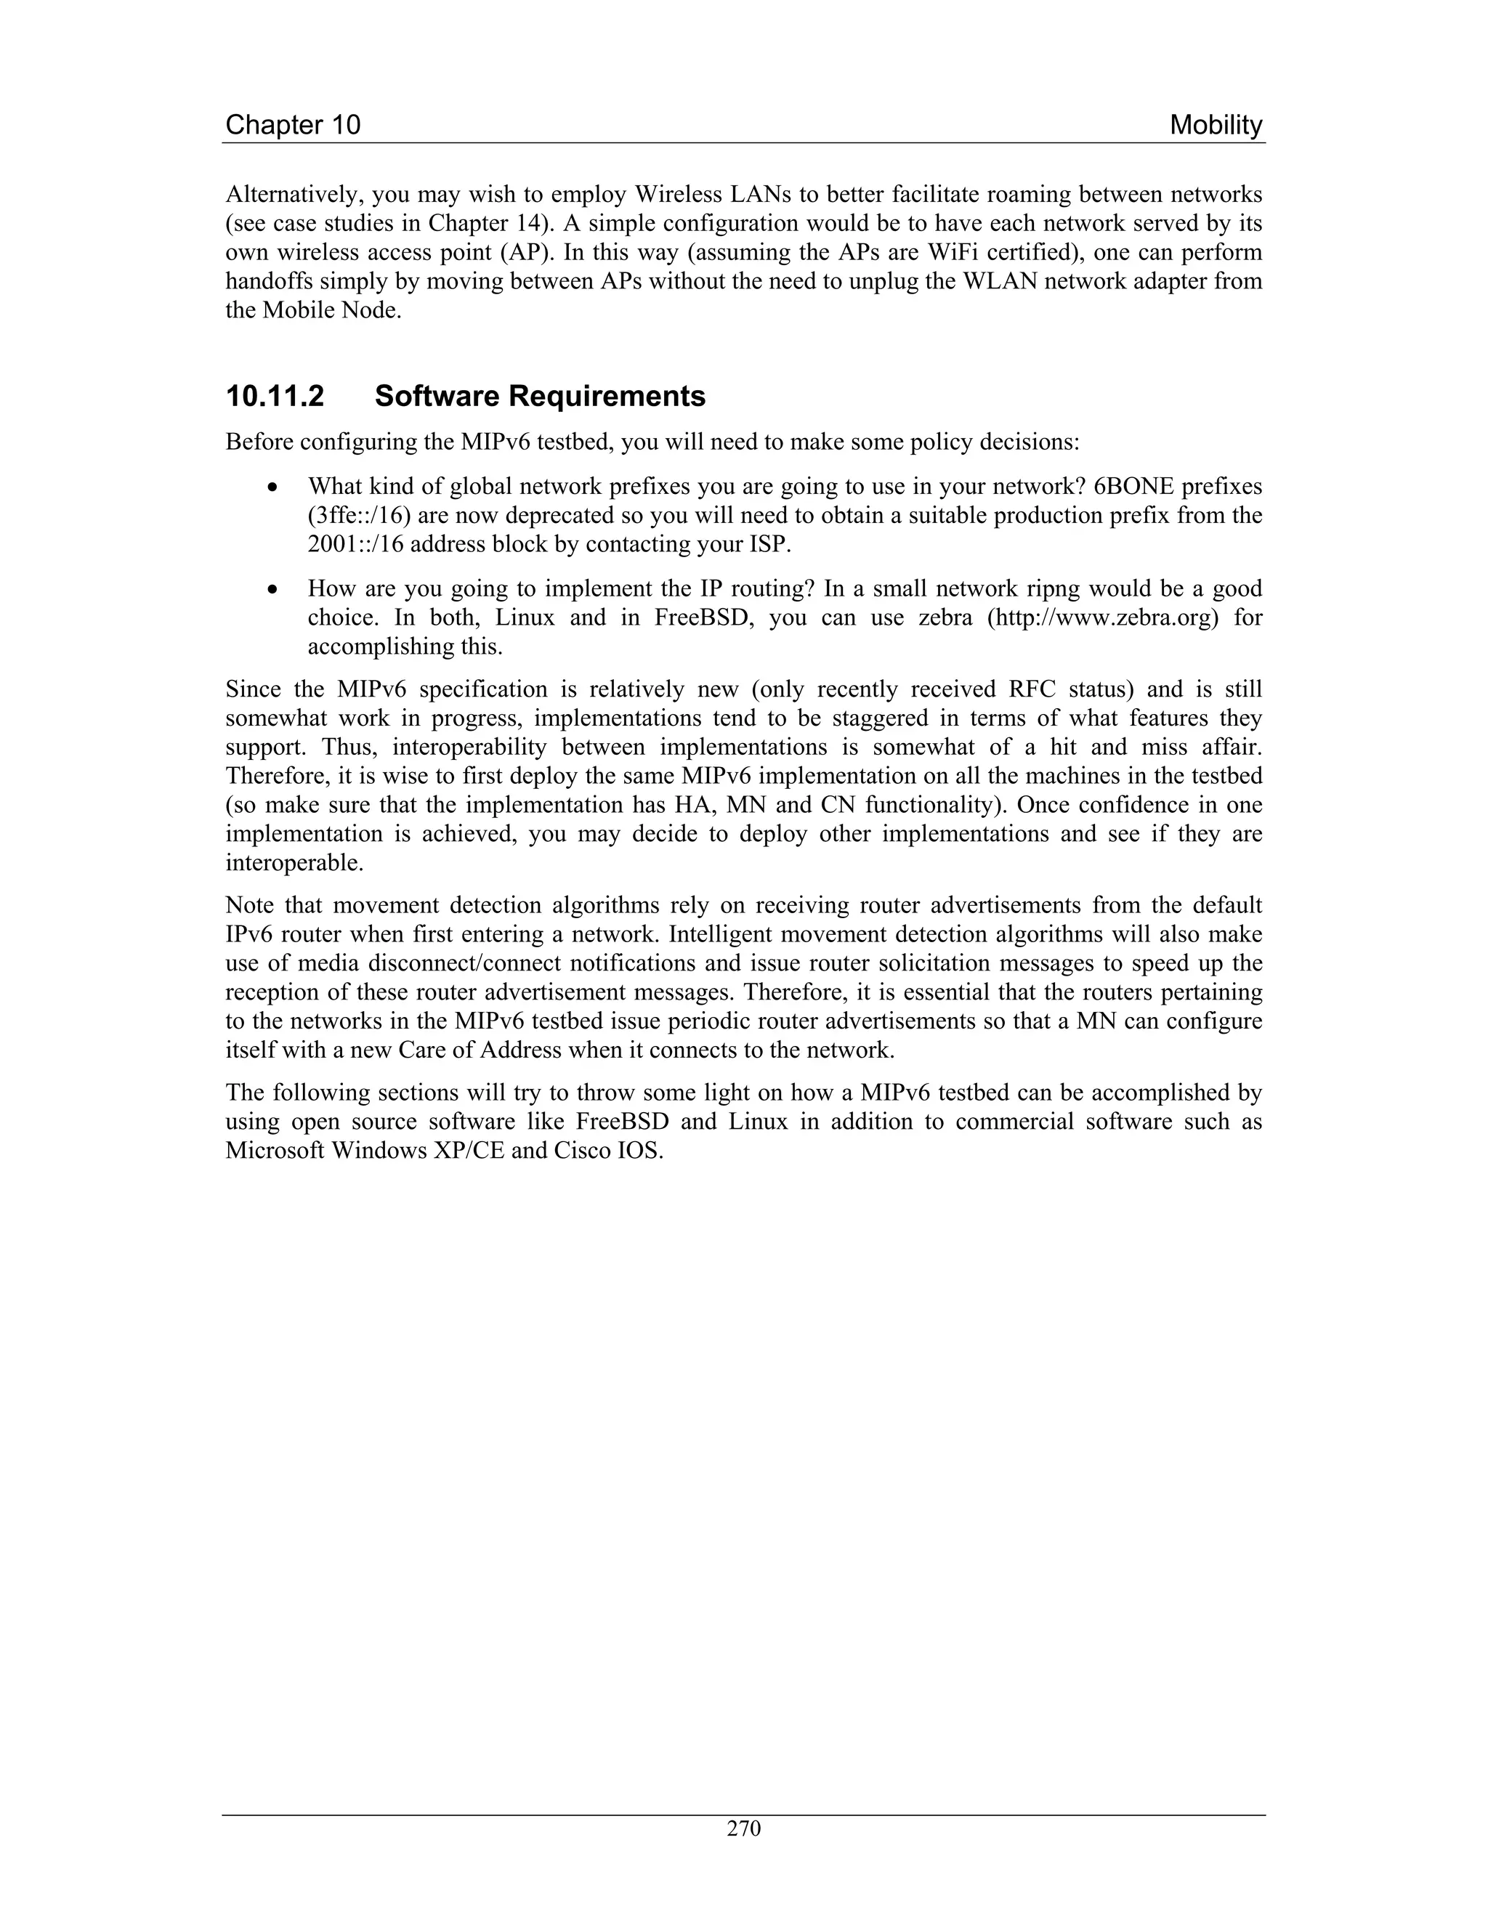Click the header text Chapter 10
293,125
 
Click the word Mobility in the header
1216,125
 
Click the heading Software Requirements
540,397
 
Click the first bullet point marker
276,487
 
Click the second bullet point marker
276,590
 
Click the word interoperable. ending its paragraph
294,863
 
